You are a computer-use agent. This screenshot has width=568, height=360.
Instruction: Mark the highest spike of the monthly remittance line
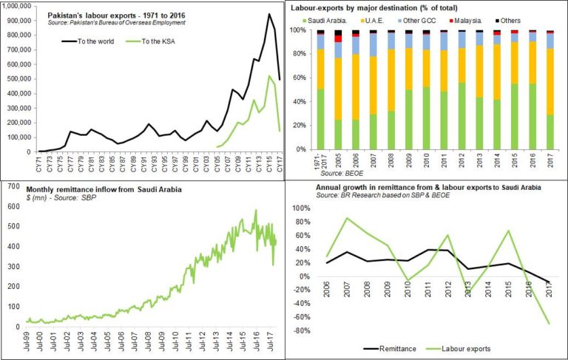256,211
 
